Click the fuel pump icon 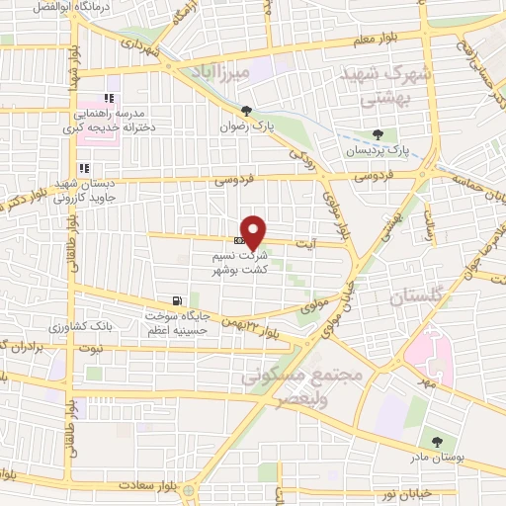click(177, 300)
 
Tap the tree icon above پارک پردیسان click(378, 133)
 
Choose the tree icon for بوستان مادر click(435, 441)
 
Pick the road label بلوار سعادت click(145, 485)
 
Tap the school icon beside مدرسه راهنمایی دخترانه click(109, 98)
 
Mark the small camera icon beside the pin click(239, 240)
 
